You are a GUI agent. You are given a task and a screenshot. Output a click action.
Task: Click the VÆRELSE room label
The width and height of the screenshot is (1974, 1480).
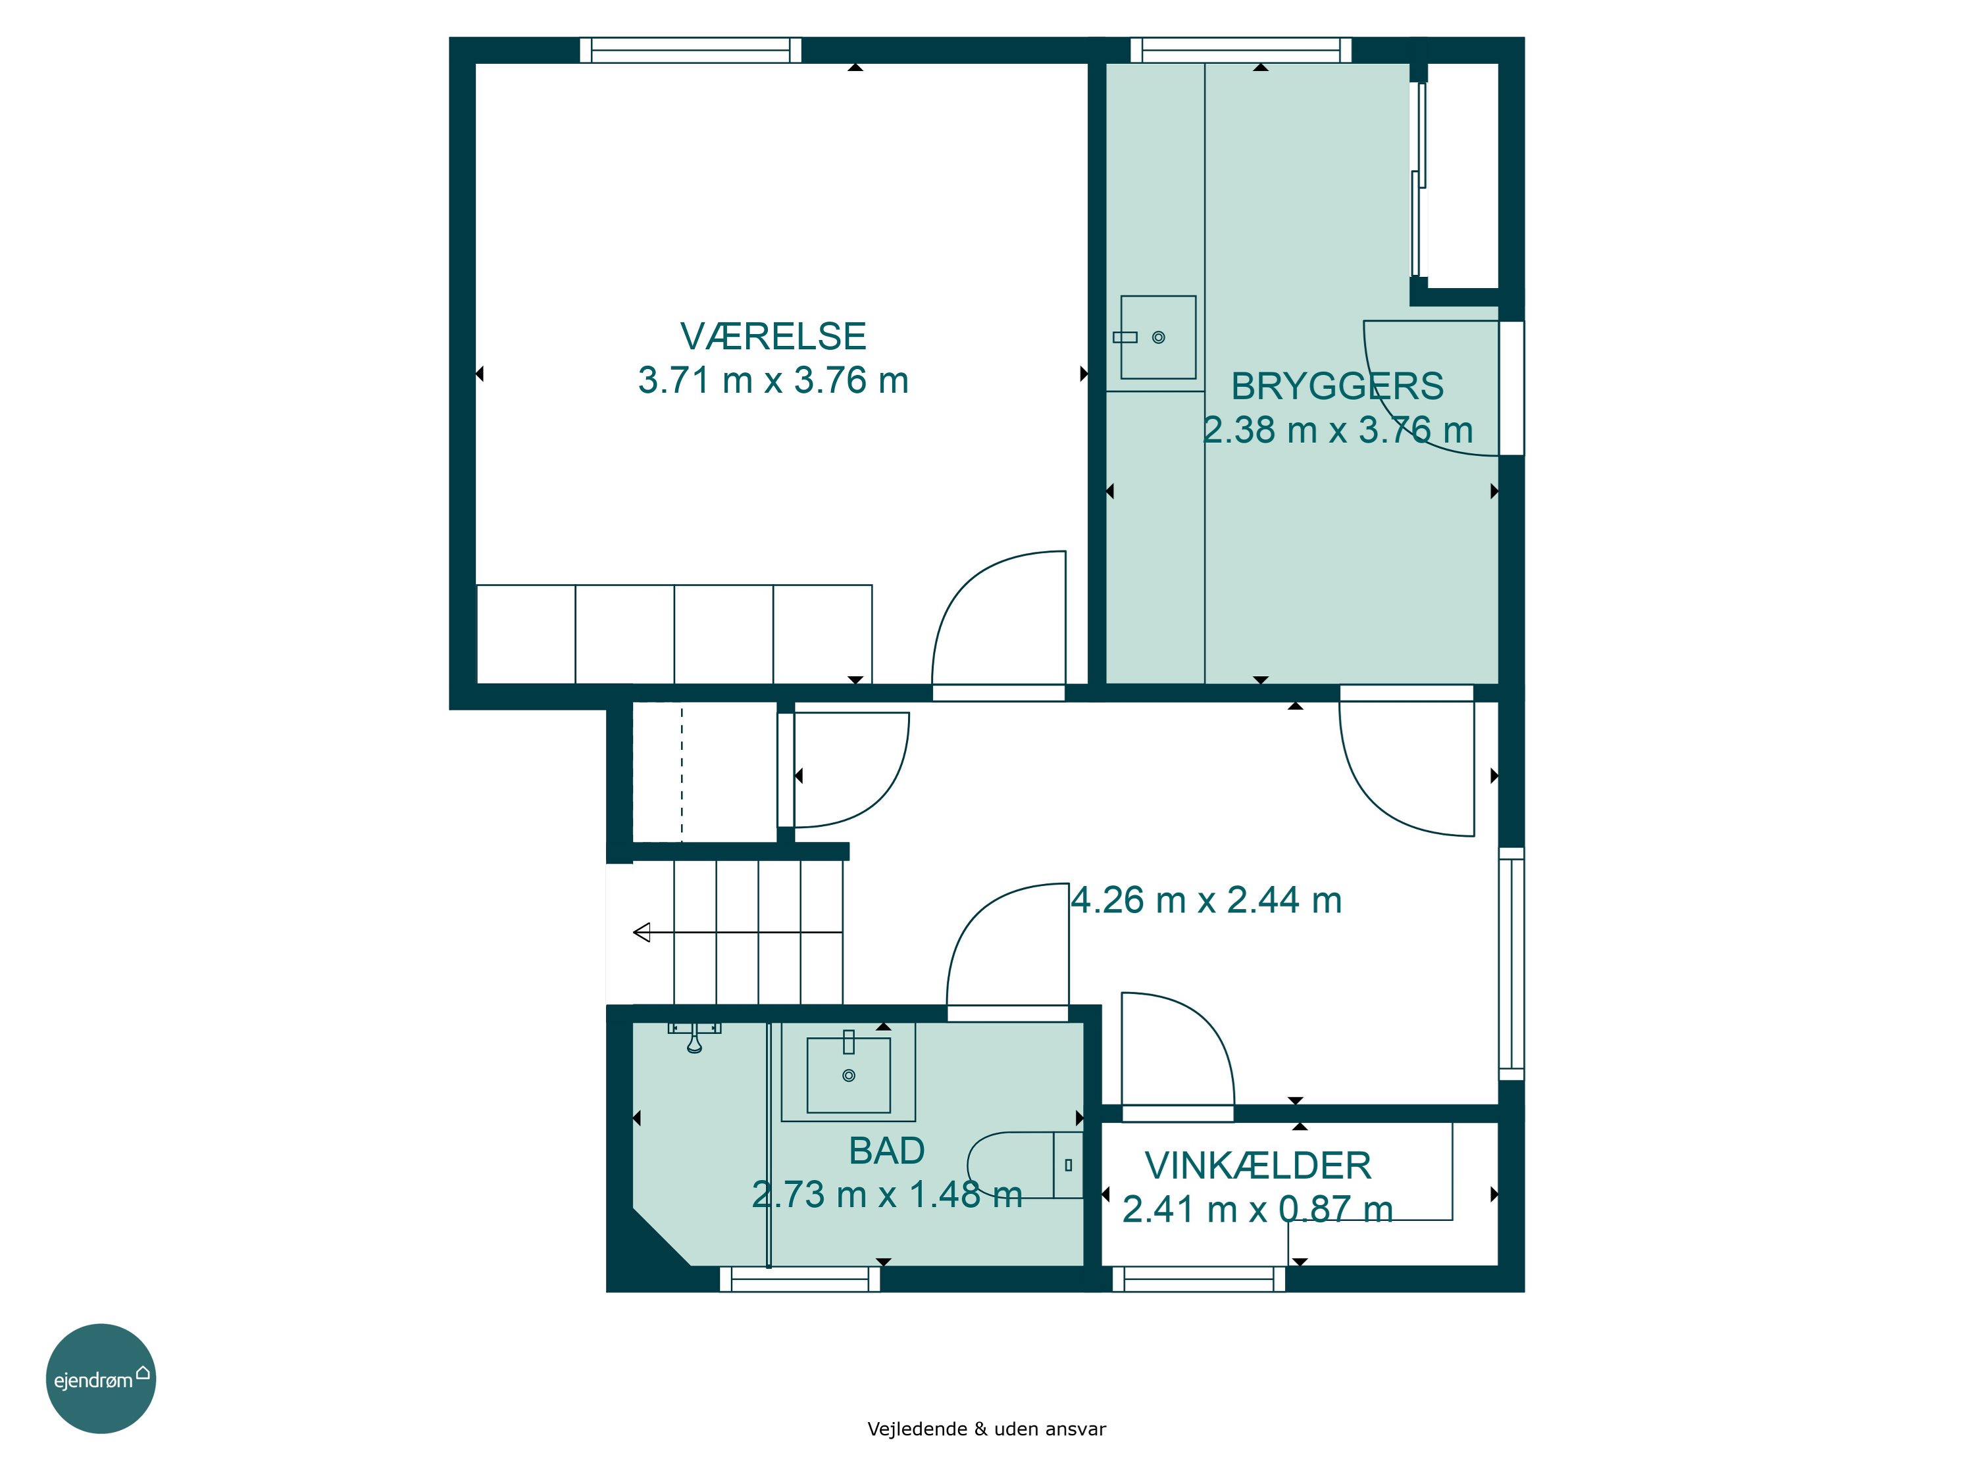(x=773, y=336)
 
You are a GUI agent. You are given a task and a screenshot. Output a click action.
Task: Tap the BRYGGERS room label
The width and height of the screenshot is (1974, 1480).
(x=1337, y=386)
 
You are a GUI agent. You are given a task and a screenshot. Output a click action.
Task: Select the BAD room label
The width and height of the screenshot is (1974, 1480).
(x=886, y=1151)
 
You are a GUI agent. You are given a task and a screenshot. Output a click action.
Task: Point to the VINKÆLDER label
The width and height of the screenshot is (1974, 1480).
(x=1257, y=1165)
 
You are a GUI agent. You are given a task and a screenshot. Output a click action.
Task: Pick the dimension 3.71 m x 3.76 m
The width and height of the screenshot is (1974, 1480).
(x=773, y=380)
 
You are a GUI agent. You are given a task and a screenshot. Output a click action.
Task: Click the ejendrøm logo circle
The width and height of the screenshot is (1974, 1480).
(x=101, y=1378)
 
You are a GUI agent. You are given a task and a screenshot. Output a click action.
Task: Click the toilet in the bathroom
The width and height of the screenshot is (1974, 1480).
(x=1025, y=1165)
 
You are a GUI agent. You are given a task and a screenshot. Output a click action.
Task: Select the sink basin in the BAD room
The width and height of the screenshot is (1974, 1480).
(x=849, y=1075)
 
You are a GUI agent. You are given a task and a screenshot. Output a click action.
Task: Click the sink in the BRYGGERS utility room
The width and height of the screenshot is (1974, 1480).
(x=1158, y=337)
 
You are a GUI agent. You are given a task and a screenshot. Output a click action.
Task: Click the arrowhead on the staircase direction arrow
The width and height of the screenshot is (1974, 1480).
(x=642, y=932)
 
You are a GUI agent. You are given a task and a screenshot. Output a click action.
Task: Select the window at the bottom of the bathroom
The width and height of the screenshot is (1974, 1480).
(x=799, y=1278)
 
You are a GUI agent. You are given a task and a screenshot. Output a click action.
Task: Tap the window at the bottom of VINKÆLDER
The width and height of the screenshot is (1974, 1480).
(x=1198, y=1278)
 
